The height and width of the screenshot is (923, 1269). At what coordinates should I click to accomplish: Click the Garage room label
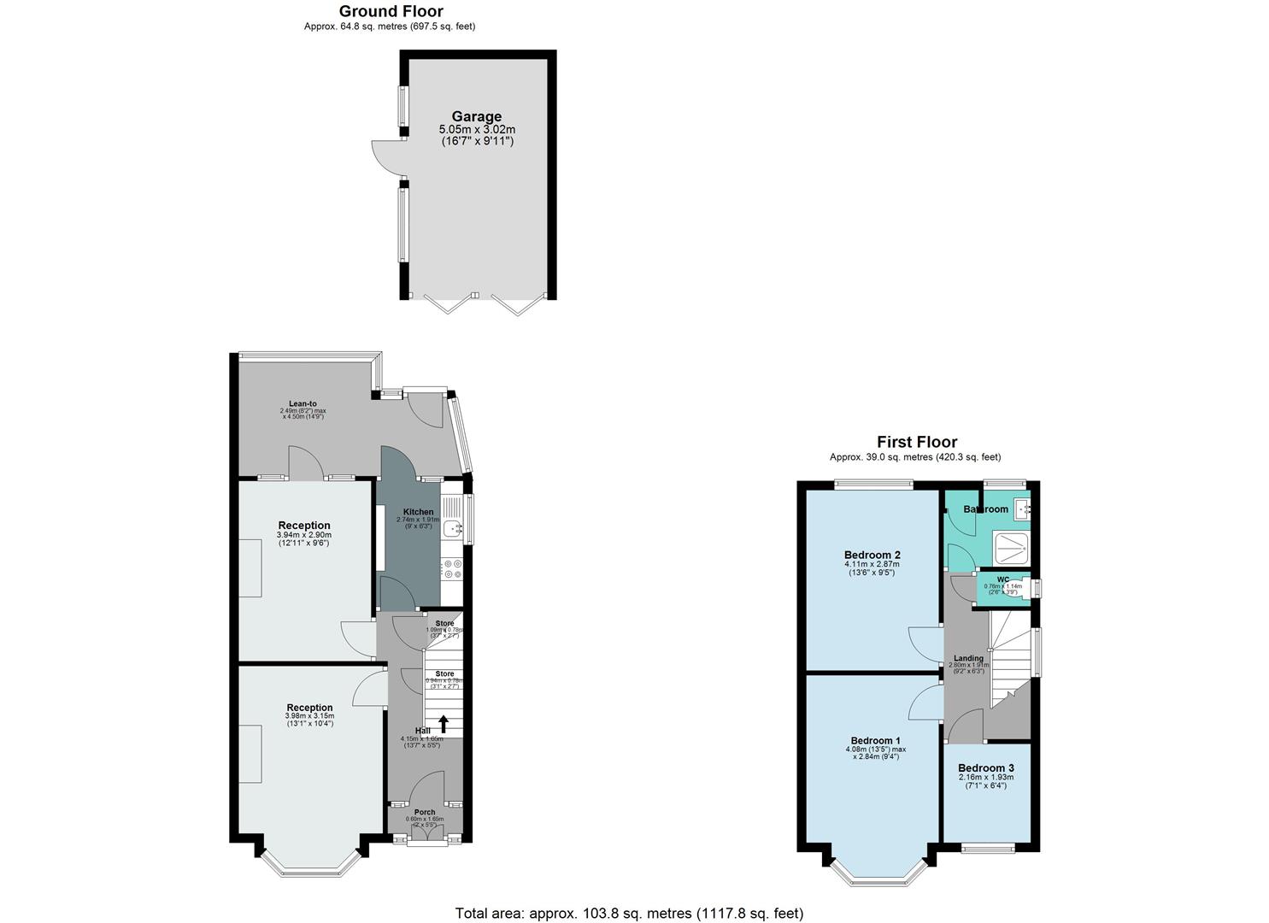(476, 117)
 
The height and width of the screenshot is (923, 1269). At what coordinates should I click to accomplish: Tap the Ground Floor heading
(391, 11)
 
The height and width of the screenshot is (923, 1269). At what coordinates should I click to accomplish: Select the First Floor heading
(916, 442)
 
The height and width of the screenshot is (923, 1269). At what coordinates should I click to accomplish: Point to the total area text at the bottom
(629, 913)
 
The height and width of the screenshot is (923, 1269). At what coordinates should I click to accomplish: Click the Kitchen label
(418, 512)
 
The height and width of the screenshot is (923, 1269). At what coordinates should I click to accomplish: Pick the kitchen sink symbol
(452, 528)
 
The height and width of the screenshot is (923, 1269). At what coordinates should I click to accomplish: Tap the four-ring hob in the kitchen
(452, 569)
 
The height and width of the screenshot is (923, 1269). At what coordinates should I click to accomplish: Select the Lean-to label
(303, 403)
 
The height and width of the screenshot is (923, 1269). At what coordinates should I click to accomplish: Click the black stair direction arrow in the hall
(443, 723)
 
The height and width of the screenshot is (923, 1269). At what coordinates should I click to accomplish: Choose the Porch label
(425, 812)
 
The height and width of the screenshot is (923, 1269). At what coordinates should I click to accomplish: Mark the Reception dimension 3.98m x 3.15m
(309, 716)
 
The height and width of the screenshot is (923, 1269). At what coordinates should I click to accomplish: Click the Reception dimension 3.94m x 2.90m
(303, 535)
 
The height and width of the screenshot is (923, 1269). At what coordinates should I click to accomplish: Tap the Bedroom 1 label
(875, 740)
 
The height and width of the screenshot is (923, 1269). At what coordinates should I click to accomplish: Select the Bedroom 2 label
(872, 555)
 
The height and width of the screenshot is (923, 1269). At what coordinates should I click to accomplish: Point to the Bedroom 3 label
(985, 767)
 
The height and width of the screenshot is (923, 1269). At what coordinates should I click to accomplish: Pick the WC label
(1002, 579)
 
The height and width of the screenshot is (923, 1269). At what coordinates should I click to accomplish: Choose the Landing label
(968, 658)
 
